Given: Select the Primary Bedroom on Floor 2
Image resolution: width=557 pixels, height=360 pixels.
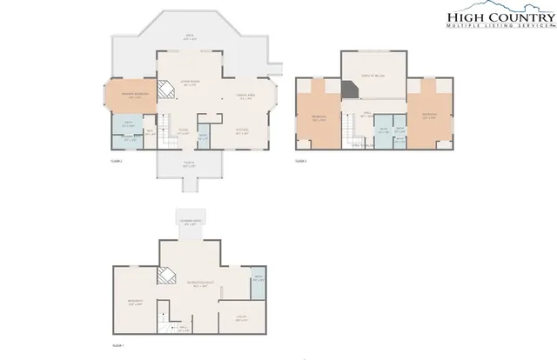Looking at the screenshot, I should point(131,97).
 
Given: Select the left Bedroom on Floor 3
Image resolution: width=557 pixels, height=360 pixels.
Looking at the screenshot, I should point(318,119).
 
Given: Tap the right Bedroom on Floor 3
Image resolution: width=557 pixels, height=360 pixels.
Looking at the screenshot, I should point(428,115).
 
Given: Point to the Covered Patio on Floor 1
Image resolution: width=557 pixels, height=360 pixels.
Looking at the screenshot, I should point(190,223).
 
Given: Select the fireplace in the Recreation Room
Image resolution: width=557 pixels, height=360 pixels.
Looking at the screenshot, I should point(164,274).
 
